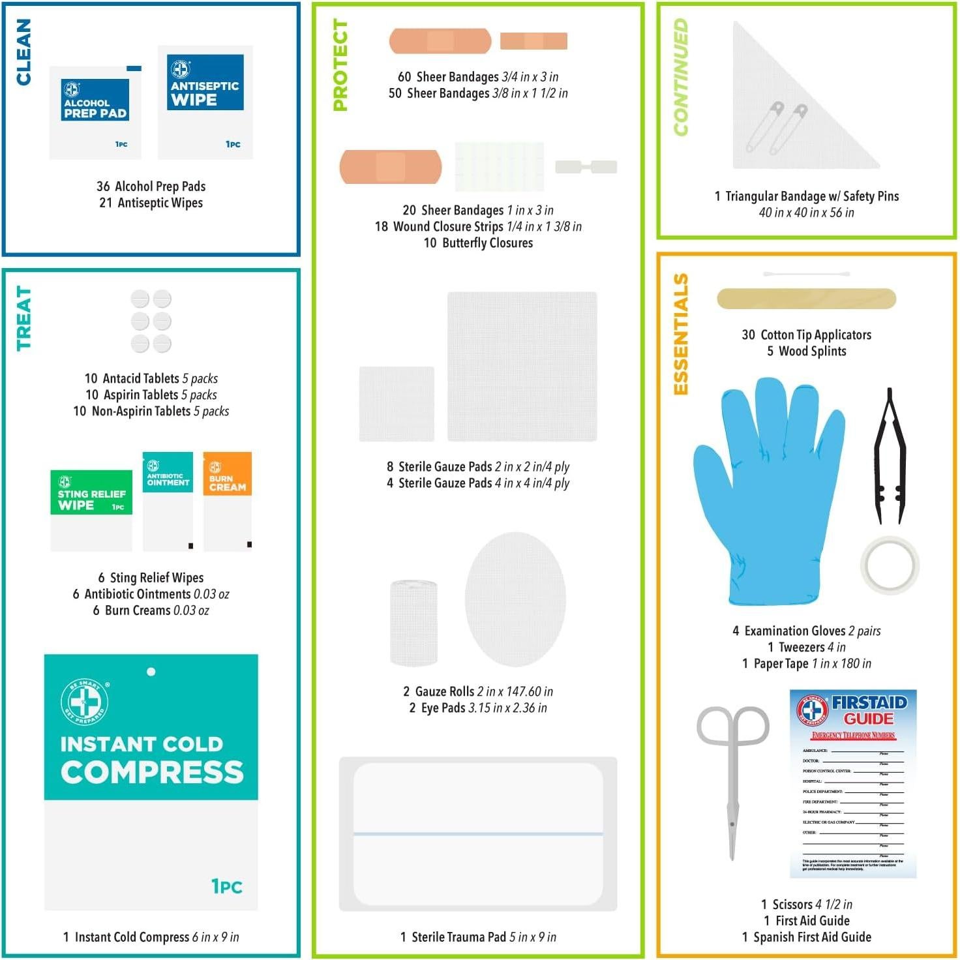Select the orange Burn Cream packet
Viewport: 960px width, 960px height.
pos(228,500)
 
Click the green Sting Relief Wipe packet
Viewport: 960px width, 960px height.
pos(91,509)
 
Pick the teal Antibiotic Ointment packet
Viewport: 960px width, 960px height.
pos(168,500)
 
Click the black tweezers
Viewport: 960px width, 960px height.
pos(890,457)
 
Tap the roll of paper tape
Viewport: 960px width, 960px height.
pos(890,565)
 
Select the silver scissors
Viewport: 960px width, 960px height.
pos(732,776)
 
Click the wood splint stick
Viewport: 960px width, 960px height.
pos(806,299)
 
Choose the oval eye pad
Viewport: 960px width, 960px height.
pos(515,599)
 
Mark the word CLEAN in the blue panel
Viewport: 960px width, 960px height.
pos(23,52)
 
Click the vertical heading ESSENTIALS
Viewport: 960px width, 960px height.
pos(680,334)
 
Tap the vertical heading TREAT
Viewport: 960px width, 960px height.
pos(23,319)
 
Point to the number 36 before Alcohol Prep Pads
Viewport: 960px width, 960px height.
pos(103,187)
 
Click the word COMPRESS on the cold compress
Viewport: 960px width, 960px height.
pos(152,772)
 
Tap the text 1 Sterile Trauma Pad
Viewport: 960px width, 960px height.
pos(453,937)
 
